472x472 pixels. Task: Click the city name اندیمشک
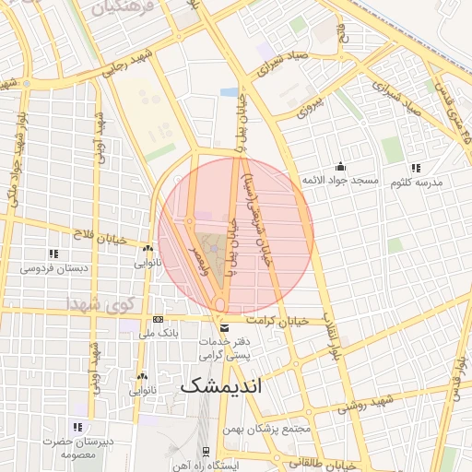click(x=221, y=385)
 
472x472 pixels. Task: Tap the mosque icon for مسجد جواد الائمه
click(x=341, y=167)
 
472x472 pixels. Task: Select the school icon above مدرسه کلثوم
click(x=416, y=168)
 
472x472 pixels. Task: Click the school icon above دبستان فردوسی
click(x=53, y=254)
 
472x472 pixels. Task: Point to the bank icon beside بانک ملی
click(x=158, y=320)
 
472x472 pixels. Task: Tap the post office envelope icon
click(x=224, y=327)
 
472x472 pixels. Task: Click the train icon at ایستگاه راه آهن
click(x=205, y=452)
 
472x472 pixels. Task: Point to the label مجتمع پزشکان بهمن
click(x=268, y=430)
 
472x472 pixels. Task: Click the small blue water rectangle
click(x=229, y=92)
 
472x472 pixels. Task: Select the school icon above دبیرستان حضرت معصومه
click(x=77, y=427)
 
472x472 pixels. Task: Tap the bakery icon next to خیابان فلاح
click(x=147, y=248)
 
